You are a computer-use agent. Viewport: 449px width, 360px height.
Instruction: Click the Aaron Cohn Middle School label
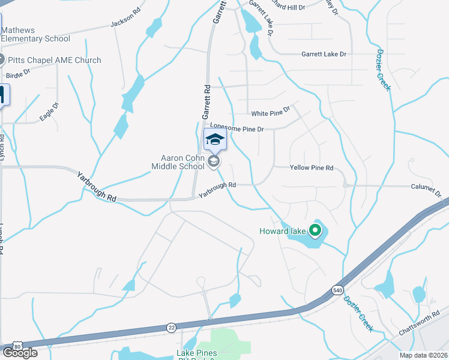pos(179,162)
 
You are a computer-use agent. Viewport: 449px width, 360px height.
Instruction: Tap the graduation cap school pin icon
pos(214,140)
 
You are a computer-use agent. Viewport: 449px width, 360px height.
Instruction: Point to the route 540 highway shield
pos(338,290)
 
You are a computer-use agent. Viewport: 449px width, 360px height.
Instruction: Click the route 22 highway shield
pos(171,328)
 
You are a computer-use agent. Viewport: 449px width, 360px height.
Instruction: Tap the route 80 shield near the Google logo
pos(16,346)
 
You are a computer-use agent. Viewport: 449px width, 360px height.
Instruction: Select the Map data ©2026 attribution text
pos(424,355)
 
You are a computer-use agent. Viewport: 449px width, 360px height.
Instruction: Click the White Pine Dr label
pos(270,112)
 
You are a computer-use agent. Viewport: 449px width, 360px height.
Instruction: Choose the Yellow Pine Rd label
pos(311,169)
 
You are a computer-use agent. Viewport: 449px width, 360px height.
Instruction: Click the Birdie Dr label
pos(18,74)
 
